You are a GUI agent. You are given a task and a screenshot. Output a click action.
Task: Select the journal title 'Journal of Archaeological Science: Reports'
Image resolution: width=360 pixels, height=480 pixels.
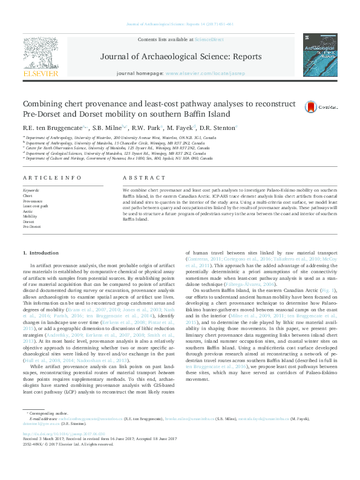[180, 57]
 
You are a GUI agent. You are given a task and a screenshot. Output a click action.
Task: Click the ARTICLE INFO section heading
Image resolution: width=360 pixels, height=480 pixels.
[52, 177]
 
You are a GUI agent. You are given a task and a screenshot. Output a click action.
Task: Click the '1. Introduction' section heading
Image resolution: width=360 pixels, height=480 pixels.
[41, 252]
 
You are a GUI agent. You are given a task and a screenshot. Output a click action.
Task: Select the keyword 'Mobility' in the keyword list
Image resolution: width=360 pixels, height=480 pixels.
[30, 216]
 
